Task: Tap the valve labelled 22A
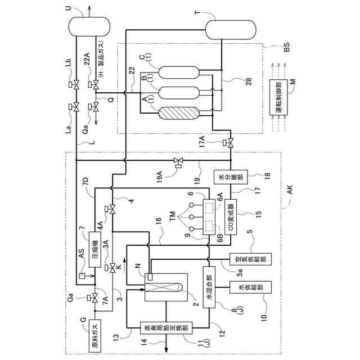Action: (x=96, y=85)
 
